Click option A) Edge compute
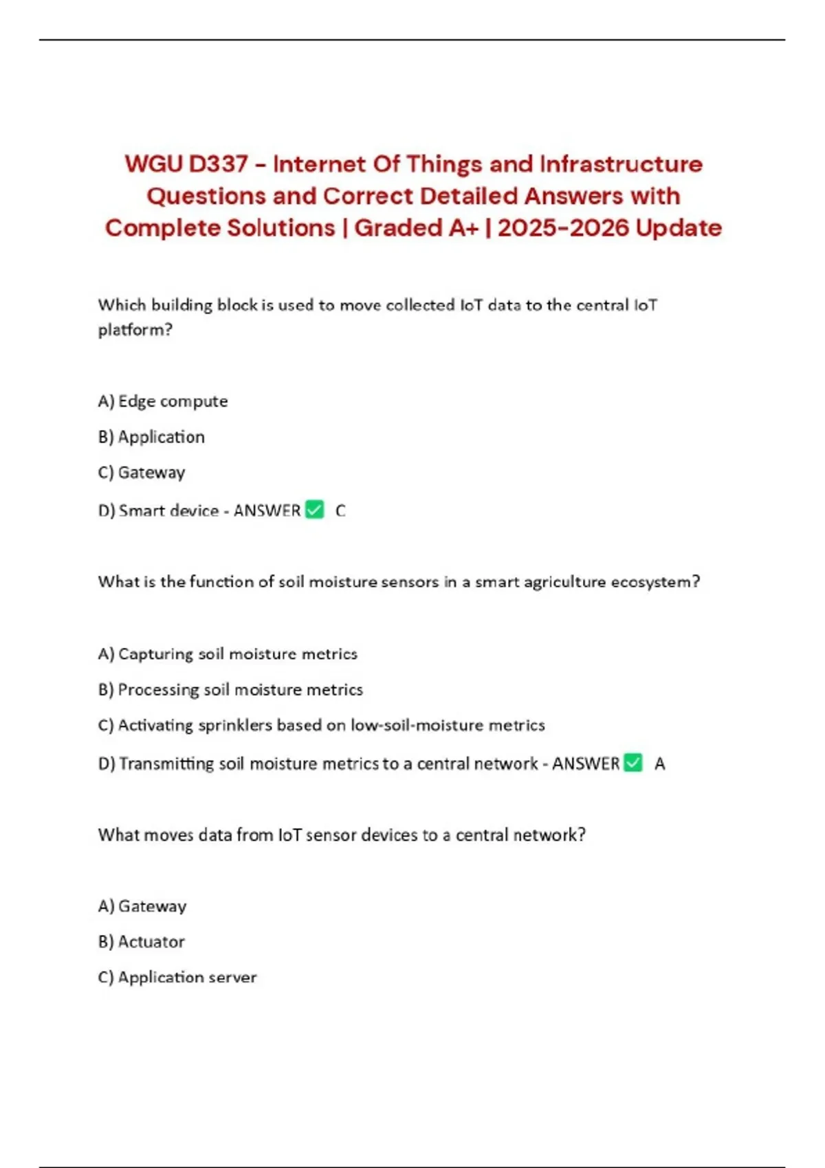[163, 401]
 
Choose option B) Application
[151, 437]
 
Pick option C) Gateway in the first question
[142, 473]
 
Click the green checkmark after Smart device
[314, 510]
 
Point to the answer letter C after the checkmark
[340, 511]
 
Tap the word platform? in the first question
[135, 330]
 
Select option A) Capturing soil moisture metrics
[228, 654]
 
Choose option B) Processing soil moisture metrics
[230, 690]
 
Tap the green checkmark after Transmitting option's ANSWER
[632, 763]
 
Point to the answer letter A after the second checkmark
[659, 764]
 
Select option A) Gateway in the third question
[142, 906]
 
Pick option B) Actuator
[142, 942]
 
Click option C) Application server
[177, 978]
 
